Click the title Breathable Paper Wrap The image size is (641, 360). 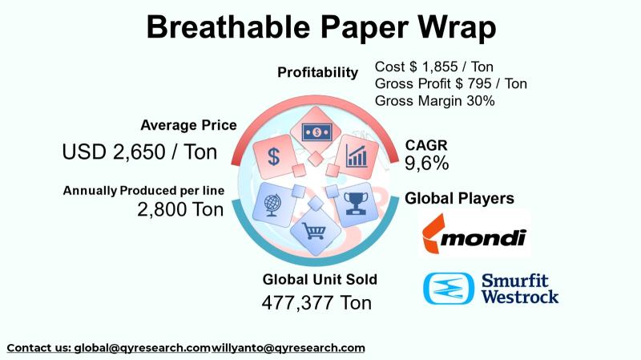pos(320,27)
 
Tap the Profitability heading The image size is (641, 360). pos(317,73)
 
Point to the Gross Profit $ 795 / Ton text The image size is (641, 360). pos(450,83)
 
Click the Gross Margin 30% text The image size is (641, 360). pos(434,101)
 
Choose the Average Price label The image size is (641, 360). pos(188,125)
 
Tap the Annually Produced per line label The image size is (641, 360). pos(144,191)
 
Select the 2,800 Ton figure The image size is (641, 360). pos(181,210)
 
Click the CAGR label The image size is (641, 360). pos(425,145)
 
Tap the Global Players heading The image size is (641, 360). pos(459,198)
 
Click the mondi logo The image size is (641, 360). pos(474,234)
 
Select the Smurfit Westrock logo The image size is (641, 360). pos(490,289)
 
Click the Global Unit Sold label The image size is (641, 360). pos(320,280)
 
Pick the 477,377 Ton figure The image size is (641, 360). pos(316,303)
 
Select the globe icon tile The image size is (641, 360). pos(273,202)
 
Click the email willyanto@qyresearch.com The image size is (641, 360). pos(288,348)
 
